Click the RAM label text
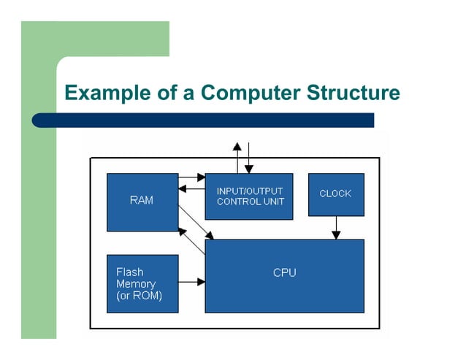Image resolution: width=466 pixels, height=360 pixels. point(142,200)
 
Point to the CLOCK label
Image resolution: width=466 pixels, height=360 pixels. point(335,194)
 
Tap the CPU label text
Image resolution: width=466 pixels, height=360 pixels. point(284,273)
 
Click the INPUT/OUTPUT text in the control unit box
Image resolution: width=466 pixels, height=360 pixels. point(249,191)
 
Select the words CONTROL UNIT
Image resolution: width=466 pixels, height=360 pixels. point(249,202)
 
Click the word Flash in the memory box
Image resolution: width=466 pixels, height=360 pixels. point(129,272)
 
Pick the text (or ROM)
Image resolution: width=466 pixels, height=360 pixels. point(139,296)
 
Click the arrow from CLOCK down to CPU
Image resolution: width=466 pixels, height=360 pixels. point(335,227)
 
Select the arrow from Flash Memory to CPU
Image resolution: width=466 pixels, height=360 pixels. point(191,281)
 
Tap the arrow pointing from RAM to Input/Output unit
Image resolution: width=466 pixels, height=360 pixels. point(192,177)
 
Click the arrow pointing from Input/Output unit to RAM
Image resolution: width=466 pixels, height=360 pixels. point(191,189)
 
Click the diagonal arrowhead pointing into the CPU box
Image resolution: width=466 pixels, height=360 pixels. point(210,235)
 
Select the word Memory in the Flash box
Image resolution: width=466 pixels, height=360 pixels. point(136,283)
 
